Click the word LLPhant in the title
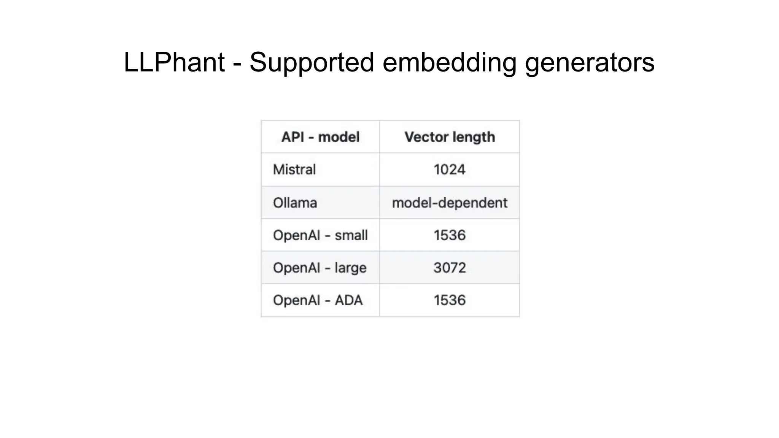click(174, 62)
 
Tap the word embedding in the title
click(449, 62)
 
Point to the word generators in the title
click(590, 62)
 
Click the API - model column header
click(320, 137)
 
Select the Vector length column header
click(450, 137)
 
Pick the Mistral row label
click(294, 170)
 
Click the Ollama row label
click(295, 203)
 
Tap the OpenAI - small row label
click(320, 235)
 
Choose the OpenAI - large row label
click(320, 268)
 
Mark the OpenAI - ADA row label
click(318, 300)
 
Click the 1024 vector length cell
click(450, 170)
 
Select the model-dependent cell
click(450, 203)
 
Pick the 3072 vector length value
click(450, 268)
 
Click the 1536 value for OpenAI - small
click(450, 235)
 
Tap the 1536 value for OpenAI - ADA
click(450, 300)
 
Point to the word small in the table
click(351, 235)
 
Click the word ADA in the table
click(348, 300)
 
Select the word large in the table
click(350, 268)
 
